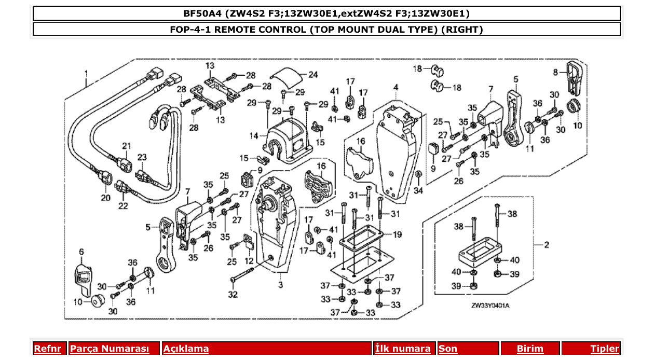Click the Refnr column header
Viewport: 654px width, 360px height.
[x=47, y=349]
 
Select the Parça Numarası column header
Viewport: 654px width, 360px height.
[x=110, y=349]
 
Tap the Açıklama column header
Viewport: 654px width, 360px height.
[x=186, y=349]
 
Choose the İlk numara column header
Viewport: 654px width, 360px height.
[x=403, y=349]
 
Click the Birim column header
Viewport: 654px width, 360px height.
[x=530, y=349]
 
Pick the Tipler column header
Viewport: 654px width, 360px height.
[x=605, y=349]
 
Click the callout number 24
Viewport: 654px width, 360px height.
[x=313, y=75]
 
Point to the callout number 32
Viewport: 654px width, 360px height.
[x=233, y=295]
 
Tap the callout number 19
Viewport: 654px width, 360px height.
[x=397, y=234]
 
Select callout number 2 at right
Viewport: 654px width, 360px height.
[x=546, y=245]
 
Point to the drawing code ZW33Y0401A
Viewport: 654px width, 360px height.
[x=490, y=306]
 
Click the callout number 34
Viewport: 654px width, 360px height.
[x=418, y=191]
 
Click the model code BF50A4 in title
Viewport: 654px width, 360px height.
[x=199, y=13]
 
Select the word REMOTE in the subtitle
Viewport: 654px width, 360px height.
[x=235, y=29]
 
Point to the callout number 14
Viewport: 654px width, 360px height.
[x=254, y=136]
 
